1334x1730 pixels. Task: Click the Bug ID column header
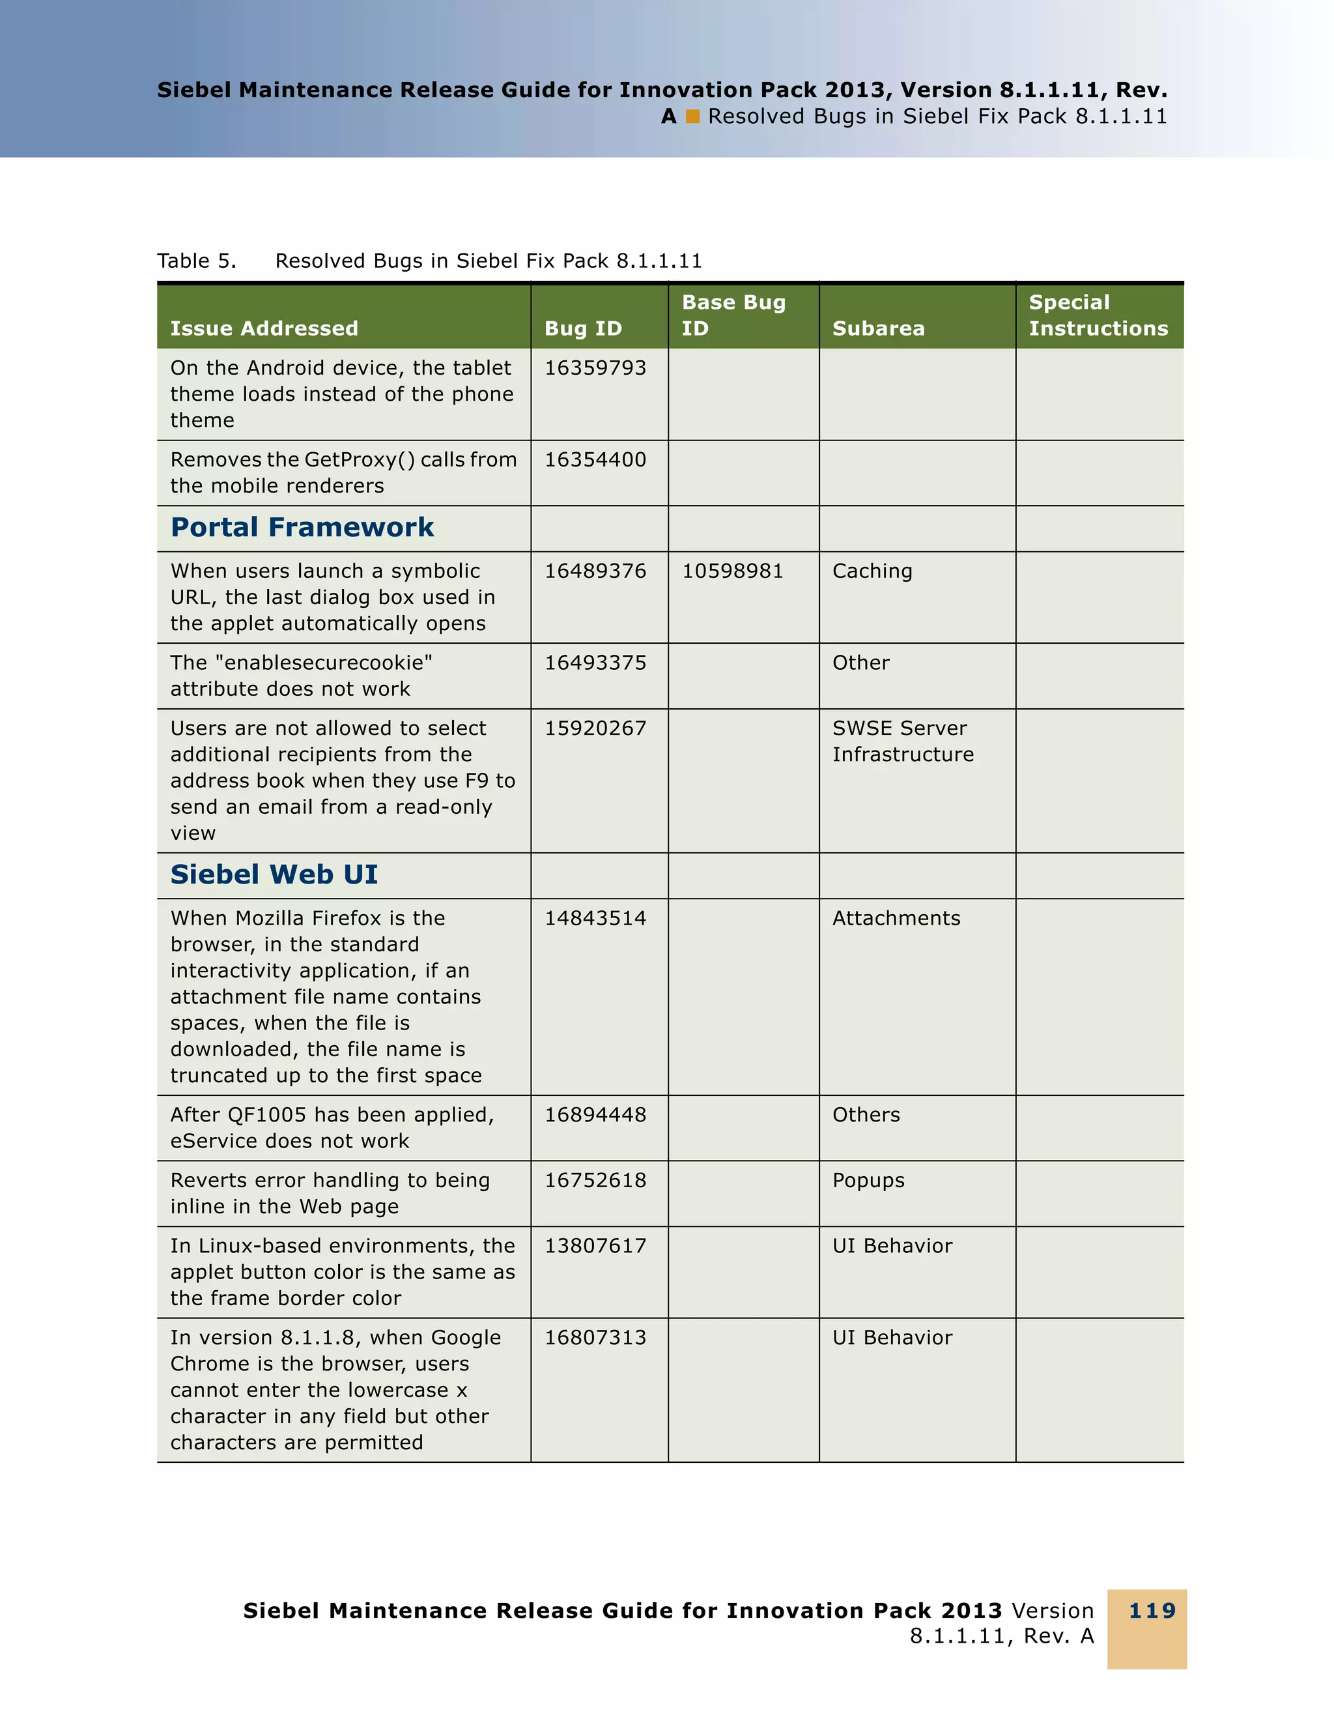click(x=583, y=328)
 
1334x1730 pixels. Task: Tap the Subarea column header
click(x=878, y=328)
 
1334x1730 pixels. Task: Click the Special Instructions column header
click(x=1098, y=315)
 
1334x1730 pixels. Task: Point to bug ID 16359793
click(x=595, y=368)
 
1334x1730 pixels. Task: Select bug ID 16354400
click(x=595, y=459)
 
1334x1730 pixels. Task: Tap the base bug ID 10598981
click(x=732, y=571)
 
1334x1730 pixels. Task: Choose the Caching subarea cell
click(x=872, y=571)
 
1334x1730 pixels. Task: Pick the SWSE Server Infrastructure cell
click(x=903, y=742)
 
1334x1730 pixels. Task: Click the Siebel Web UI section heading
click(x=274, y=874)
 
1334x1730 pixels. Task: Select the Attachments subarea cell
click(x=896, y=918)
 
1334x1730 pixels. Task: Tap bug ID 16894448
click(x=595, y=1114)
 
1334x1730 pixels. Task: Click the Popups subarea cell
click(x=868, y=1180)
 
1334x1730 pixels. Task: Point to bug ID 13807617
click(x=595, y=1246)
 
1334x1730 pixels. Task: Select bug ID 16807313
click(x=595, y=1338)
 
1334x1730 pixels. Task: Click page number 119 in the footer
click(x=1152, y=1610)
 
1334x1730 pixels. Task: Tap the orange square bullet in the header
click(x=693, y=117)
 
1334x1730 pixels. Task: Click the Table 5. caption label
click(x=196, y=261)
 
